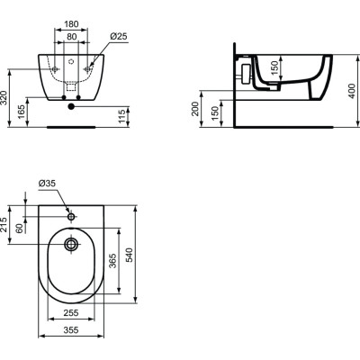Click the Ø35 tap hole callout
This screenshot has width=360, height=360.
(49, 184)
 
